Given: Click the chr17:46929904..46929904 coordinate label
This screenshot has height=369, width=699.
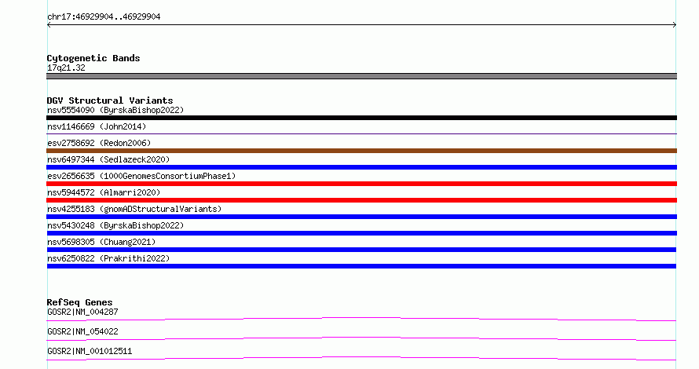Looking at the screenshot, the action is click(x=104, y=17).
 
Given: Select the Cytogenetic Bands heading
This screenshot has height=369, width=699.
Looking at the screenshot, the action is click(x=93, y=58).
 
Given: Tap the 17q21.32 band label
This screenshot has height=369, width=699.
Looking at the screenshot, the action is click(x=66, y=68).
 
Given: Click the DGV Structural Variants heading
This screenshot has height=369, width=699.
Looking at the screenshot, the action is click(x=110, y=100).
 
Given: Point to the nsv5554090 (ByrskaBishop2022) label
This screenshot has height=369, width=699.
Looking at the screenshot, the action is click(x=115, y=110).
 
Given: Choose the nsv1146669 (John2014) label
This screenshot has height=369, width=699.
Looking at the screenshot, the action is click(x=97, y=126).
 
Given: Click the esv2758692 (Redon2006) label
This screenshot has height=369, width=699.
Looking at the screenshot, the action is click(x=99, y=143).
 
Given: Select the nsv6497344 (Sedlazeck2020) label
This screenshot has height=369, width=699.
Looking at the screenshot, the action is click(x=108, y=159).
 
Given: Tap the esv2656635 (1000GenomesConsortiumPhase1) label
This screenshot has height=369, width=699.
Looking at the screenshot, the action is click(x=141, y=176).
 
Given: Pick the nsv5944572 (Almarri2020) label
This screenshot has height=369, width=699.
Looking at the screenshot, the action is click(x=104, y=192).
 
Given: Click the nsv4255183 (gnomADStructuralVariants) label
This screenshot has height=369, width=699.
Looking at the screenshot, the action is click(x=134, y=209).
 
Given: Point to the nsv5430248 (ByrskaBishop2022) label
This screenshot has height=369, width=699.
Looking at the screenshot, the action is click(x=115, y=225).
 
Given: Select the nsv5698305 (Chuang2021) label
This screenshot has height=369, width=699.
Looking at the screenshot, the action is click(x=101, y=242).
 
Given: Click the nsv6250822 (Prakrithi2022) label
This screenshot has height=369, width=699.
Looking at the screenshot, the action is click(x=108, y=258).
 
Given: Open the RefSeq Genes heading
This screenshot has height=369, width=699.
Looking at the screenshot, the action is click(x=79, y=302).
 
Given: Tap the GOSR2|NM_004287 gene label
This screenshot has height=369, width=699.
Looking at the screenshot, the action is click(x=82, y=312).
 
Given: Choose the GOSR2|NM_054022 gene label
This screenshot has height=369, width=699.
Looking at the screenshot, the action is click(x=82, y=331).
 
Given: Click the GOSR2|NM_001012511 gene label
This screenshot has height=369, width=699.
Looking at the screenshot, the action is click(x=90, y=351).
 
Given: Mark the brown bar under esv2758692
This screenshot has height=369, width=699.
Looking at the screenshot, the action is click(x=361, y=151).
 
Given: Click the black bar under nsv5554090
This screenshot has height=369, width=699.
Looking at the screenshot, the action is click(x=361, y=118).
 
